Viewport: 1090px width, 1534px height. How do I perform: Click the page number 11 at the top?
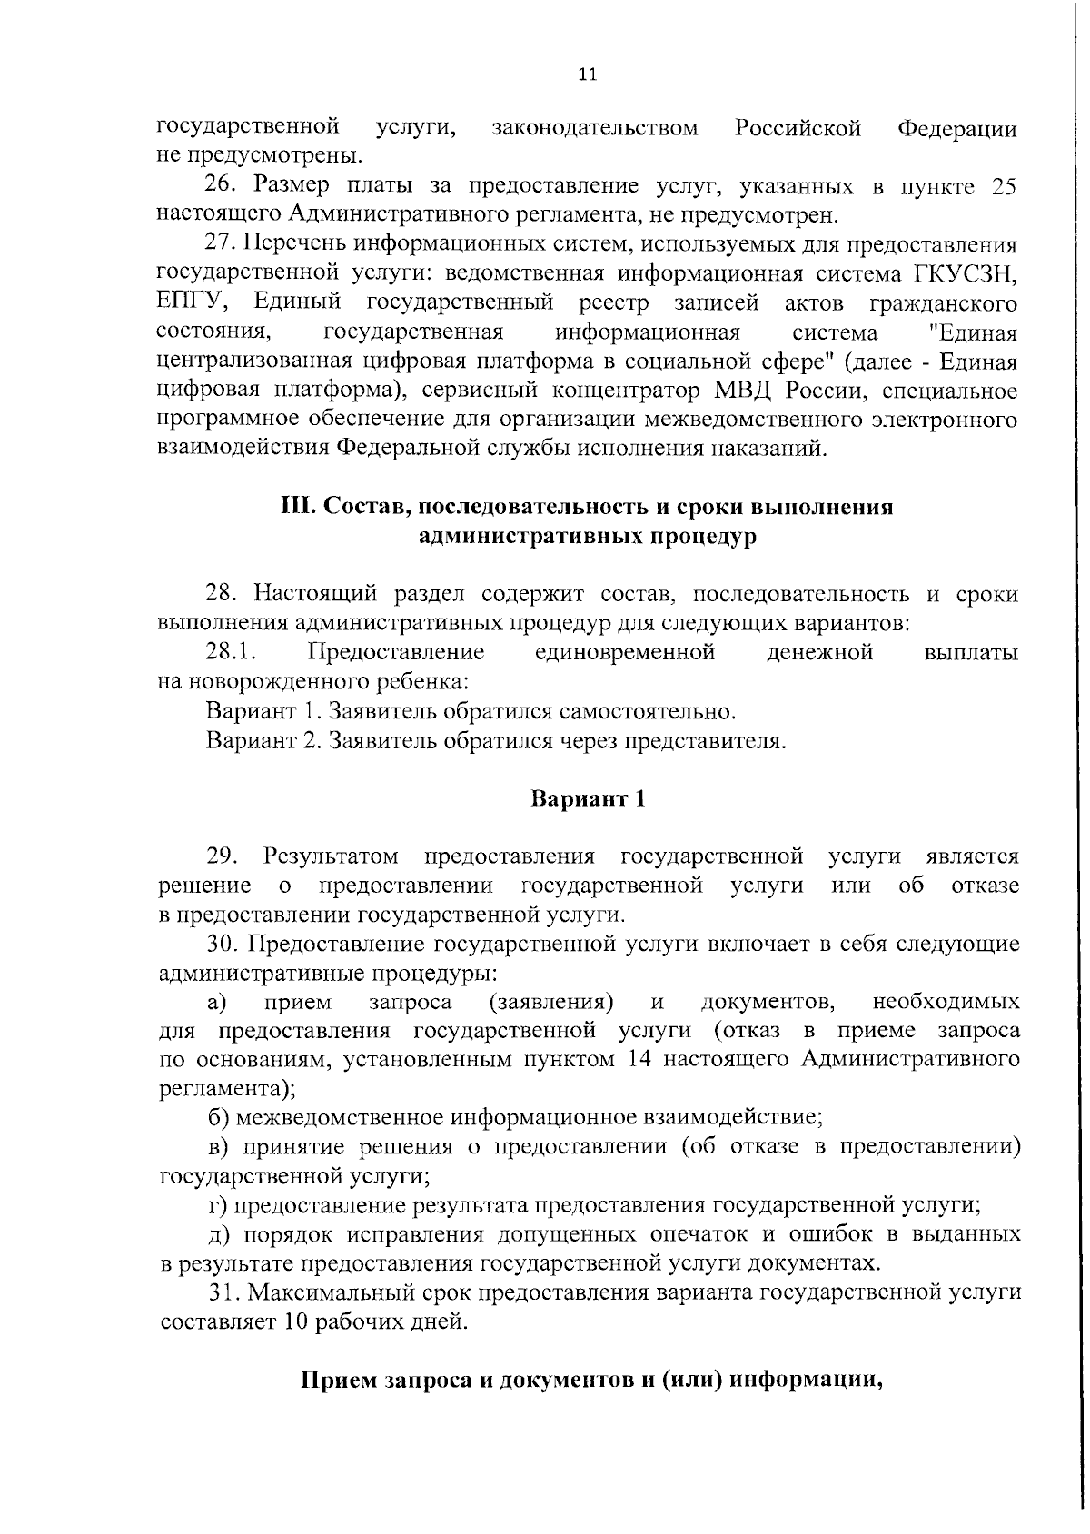[x=587, y=74]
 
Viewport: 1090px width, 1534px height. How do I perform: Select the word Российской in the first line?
[x=798, y=128]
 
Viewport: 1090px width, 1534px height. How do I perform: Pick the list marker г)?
[x=218, y=1205]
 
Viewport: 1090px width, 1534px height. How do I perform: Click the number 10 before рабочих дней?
[x=292, y=1321]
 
